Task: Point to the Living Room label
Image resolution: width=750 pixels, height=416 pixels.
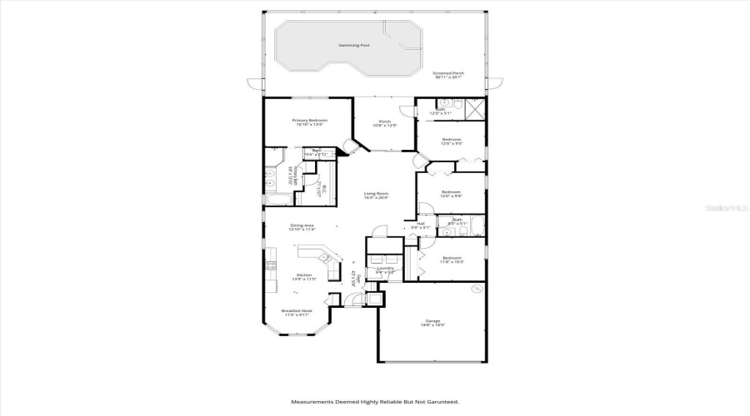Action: pos(376,195)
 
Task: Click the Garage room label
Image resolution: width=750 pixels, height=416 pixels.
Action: pos(432,322)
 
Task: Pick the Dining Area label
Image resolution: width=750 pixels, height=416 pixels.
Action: pos(302,227)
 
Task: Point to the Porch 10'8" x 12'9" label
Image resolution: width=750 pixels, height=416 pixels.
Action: pos(385,123)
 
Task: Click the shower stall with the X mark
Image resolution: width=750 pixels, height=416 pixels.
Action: pos(475,108)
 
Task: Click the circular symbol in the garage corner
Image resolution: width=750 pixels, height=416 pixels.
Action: pos(477,289)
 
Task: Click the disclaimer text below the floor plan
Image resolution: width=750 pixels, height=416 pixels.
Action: pos(375,402)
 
